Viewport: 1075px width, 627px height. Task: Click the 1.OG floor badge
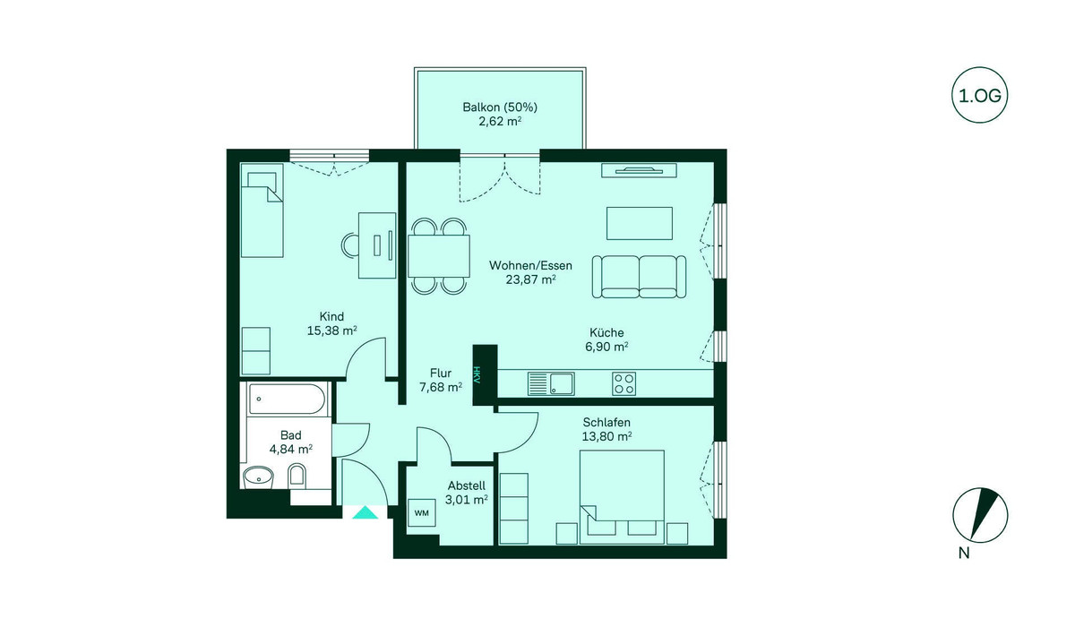point(979,95)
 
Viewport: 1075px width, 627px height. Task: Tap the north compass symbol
point(980,516)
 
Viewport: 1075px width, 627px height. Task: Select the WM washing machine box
point(422,513)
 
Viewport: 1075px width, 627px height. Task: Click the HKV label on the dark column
point(477,375)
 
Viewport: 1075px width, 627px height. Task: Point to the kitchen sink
point(551,383)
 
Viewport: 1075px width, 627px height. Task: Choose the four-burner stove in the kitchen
point(624,383)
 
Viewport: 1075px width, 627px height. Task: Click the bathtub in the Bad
point(287,399)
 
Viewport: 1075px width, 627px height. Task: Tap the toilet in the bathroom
point(297,476)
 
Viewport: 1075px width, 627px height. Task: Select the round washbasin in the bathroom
point(258,477)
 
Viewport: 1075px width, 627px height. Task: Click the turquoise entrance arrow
point(365,512)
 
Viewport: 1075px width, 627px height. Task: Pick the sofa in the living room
point(639,277)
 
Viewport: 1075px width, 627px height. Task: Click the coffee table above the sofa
point(640,224)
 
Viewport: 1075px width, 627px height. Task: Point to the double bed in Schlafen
point(622,497)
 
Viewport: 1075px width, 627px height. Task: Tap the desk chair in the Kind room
point(350,245)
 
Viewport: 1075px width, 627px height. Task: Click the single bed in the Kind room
point(262,210)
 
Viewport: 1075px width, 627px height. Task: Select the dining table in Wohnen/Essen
point(439,255)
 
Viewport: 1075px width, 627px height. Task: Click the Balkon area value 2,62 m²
point(500,121)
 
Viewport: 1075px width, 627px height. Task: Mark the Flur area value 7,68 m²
point(441,387)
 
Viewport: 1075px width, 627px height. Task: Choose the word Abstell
point(467,485)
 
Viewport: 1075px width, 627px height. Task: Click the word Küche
point(606,332)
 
